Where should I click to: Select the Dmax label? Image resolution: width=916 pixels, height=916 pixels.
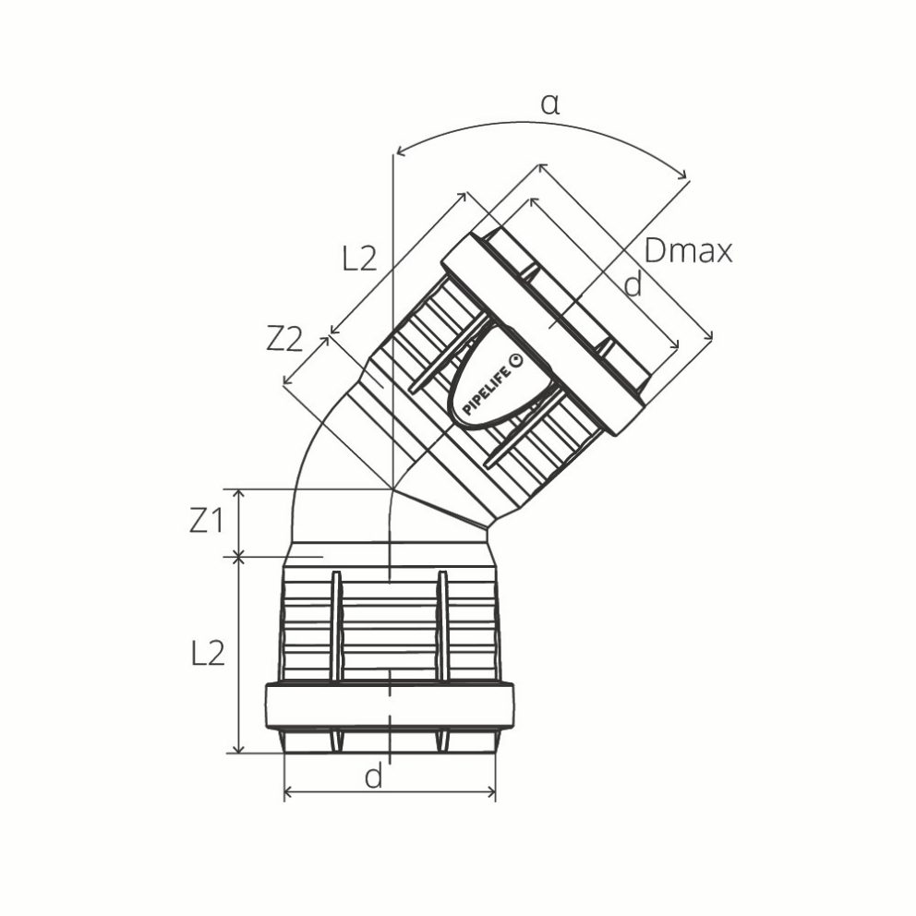[x=688, y=250]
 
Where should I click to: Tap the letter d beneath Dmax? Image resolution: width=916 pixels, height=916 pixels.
[x=633, y=286]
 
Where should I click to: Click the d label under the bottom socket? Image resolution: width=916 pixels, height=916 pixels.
[x=373, y=777]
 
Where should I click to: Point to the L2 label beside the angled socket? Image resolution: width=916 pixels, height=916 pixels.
[x=359, y=259]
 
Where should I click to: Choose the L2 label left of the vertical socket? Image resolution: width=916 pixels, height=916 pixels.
[x=208, y=654]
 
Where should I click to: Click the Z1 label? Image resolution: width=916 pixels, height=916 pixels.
[x=207, y=522]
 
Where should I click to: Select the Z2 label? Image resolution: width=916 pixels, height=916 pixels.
[x=284, y=340]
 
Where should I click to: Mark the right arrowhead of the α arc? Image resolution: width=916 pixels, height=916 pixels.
[x=684, y=175]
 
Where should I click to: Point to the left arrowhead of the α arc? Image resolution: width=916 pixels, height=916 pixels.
[x=399, y=151]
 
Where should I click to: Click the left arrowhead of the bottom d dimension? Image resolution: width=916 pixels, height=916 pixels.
[x=288, y=792]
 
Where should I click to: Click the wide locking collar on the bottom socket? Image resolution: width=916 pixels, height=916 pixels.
[x=390, y=706]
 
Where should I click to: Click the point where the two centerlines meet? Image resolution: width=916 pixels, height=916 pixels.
[x=392, y=488]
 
